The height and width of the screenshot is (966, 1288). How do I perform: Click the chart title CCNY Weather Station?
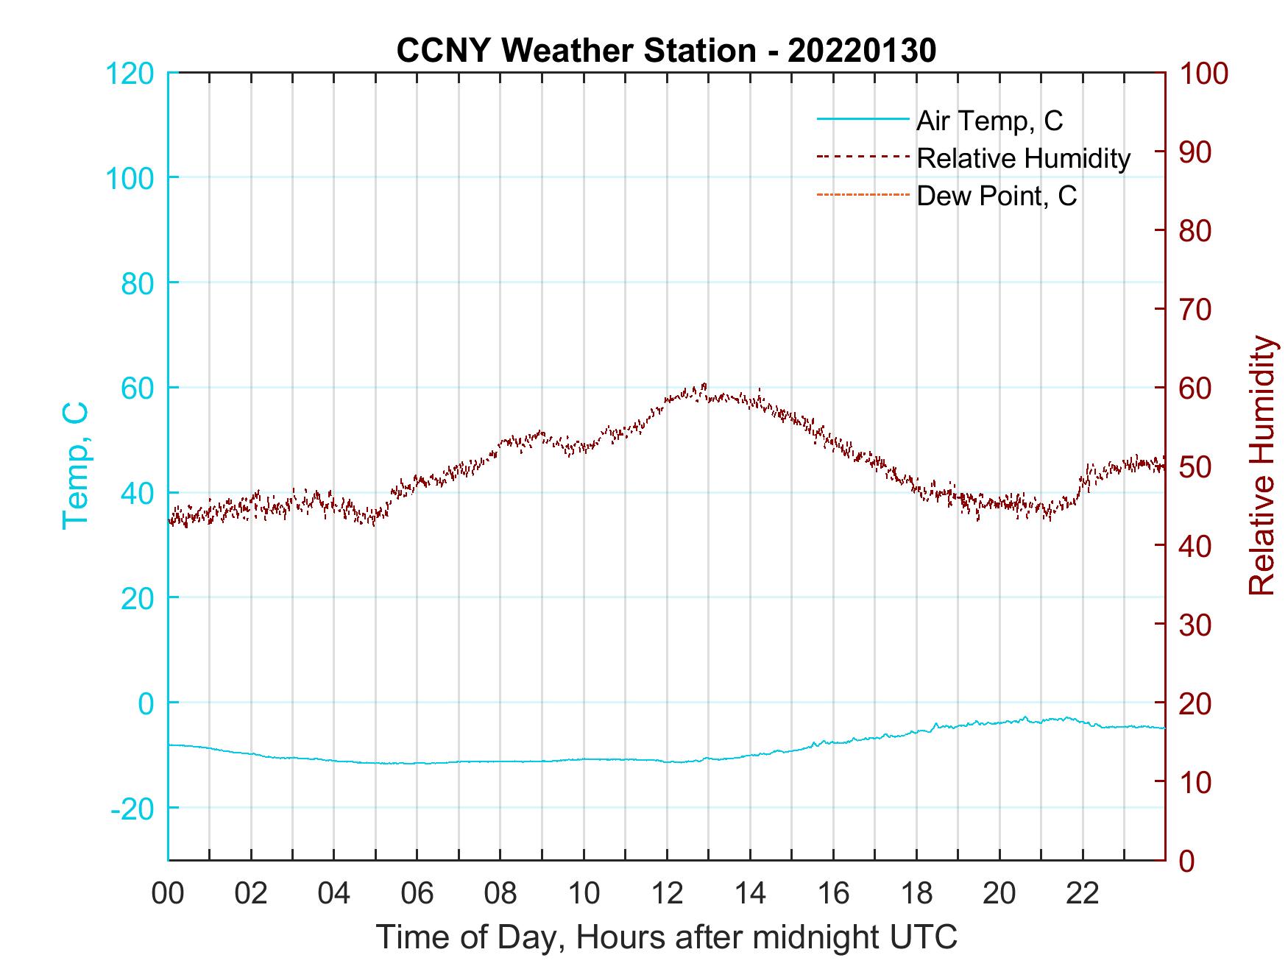coord(666,51)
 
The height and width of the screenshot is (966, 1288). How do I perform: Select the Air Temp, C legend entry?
coord(988,121)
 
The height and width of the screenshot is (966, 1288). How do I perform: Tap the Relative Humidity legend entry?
coord(1023,158)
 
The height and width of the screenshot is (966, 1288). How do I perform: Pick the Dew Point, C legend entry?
coord(996,196)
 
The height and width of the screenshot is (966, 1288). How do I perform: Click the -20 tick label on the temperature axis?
coord(132,809)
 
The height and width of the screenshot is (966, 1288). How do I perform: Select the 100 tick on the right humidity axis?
coord(1203,74)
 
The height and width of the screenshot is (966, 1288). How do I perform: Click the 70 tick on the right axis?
coord(1195,310)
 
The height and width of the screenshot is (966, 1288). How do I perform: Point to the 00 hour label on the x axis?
coord(168,894)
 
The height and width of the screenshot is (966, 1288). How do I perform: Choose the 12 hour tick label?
coord(667,894)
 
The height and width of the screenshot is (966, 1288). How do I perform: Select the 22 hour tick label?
coord(1083,894)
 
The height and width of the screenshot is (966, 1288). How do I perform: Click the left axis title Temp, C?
coord(76,465)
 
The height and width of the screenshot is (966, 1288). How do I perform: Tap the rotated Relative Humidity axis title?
coord(1262,465)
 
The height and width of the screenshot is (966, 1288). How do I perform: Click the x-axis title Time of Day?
coord(667,937)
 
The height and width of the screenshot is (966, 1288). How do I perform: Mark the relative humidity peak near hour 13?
coord(704,384)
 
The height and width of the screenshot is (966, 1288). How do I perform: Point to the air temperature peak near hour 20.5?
coord(1025,717)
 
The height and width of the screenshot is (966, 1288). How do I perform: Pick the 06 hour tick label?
coord(417,894)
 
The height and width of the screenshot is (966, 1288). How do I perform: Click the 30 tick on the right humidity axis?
coord(1195,625)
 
